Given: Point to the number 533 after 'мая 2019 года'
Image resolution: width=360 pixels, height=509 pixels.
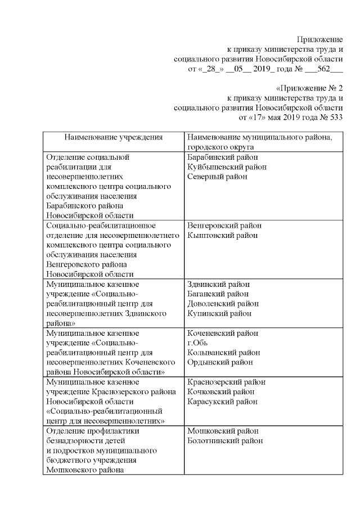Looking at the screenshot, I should click(x=334, y=118).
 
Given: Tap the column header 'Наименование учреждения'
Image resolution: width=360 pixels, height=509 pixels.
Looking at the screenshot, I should click(x=113, y=137).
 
